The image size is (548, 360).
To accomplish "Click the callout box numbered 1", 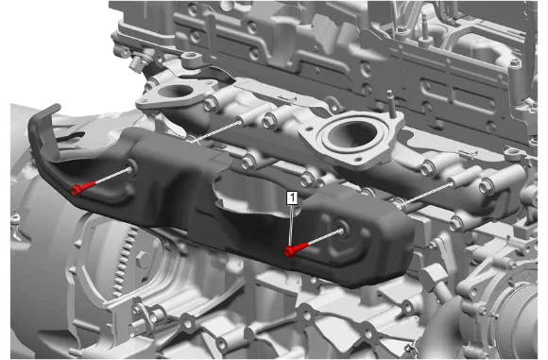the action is tap(292, 197).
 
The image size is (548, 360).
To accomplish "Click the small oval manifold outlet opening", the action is tap(176, 92).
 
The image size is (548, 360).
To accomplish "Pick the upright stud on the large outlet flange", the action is tap(391, 103).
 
